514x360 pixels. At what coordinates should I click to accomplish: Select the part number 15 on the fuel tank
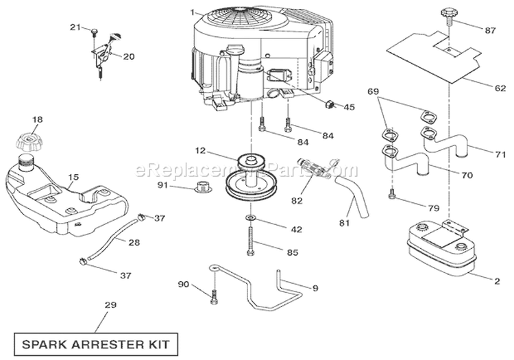pos(73,177)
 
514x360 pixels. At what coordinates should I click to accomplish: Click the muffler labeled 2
pos(439,246)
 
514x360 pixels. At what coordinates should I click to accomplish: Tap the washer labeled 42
pos(250,218)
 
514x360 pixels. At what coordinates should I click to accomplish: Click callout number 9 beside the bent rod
pos(315,289)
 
